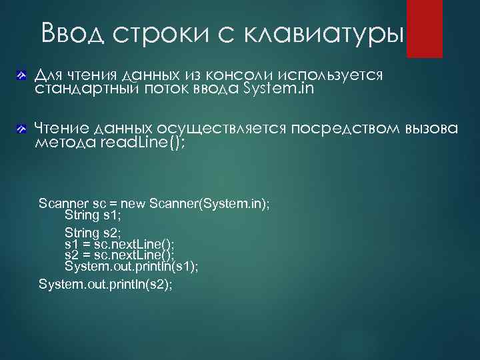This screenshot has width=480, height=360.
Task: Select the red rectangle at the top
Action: point(425,28)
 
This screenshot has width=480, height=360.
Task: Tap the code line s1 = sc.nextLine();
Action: point(119,245)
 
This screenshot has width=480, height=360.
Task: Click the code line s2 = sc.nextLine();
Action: point(119,255)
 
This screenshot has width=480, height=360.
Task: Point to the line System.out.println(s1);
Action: point(131,267)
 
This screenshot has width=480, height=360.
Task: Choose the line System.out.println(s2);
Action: point(105,284)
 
